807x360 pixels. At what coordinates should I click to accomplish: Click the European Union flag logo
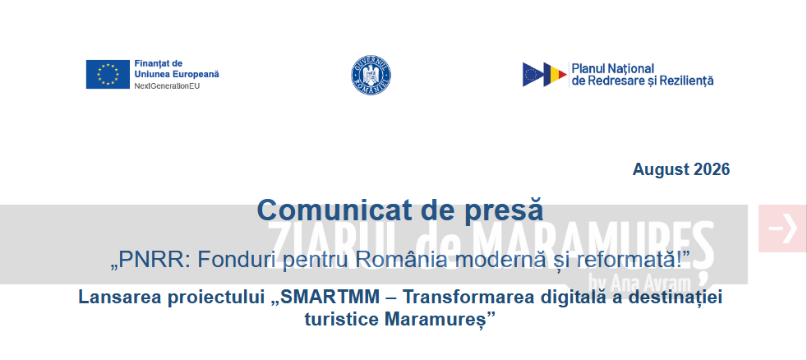click(x=108, y=74)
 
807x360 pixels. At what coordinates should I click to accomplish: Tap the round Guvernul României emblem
click(x=371, y=75)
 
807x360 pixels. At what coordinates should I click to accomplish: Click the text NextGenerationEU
click(x=167, y=85)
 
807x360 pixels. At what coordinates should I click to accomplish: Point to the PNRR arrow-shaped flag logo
click(x=545, y=75)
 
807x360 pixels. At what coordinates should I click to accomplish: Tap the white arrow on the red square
click(x=782, y=228)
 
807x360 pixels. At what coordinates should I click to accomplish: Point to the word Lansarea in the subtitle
click(x=121, y=298)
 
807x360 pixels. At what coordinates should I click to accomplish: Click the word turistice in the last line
click(x=342, y=319)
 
